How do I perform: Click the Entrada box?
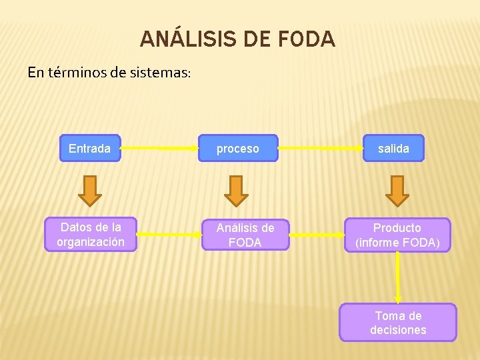pyautogui.click(x=90, y=149)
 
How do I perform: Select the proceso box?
pyautogui.click(x=238, y=149)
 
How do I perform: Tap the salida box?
pyautogui.click(x=393, y=149)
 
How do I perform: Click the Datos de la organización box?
pyautogui.click(x=90, y=235)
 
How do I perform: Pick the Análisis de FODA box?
pyautogui.click(x=245, y=235)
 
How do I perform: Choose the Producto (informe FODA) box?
pyautogui.click(x=397, y=235)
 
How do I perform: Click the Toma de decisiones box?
pyautogui.click(x=398, y=323)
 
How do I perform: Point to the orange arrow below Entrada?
pyautogui.click(x=90, y=190)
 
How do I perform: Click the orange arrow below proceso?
pyautogui.click(x=235, y=191)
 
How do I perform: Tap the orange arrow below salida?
pyautogui.click(x=397, y=190)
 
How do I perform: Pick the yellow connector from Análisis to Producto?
pyautogui.click(x=317, y=235)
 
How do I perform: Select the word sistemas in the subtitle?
pyautogui.click(x=160, y=72)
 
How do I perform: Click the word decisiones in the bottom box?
pyautogui.click(x=398, y=330)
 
